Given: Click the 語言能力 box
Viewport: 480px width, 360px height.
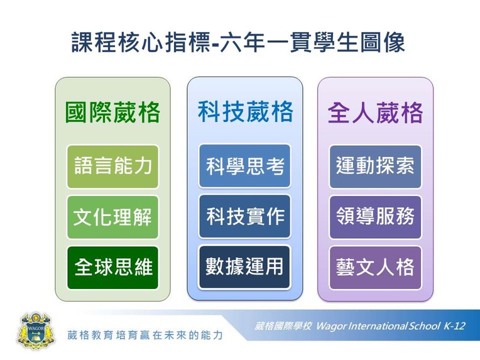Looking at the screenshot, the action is tap(112, 166).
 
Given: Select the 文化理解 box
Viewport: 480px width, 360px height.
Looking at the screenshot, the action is tap(112, 217).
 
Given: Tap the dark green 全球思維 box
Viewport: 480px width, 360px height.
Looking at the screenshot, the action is tap(112, 268).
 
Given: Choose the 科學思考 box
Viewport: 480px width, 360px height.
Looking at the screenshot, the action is tap(244, 166).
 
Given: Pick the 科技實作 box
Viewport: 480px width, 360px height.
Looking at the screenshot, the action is tap(244, 216).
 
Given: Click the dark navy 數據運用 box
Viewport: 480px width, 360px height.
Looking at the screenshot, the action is tap(244, 267).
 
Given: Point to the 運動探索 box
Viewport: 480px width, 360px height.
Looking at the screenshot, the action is tap(375, 166).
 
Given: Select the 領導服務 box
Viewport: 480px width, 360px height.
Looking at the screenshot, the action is tap(375, 217).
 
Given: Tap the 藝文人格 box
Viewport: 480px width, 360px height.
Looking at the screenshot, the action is tap(375, 268).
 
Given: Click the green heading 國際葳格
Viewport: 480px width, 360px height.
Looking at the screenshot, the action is tap(112, 112).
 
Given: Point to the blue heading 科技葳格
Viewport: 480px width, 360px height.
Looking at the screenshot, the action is tap(245, 111).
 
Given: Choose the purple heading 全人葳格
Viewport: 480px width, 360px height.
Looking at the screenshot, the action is tap(375, 112).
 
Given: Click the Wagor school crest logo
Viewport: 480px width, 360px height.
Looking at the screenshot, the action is tap(35, 331).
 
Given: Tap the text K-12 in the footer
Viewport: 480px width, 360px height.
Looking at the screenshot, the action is tap(454, 325).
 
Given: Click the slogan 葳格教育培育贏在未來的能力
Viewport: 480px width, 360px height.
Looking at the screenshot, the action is tap(145, 335).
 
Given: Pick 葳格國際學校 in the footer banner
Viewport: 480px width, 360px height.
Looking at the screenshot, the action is tap(283, 326).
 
